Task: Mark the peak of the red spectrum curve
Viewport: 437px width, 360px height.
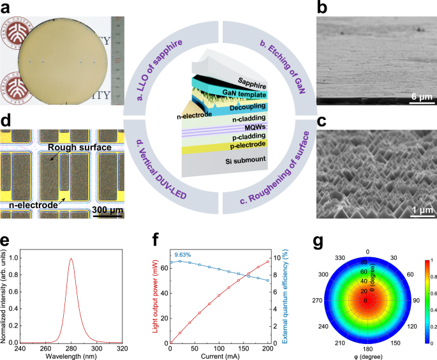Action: pyautogui.click(x=71, y=259)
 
